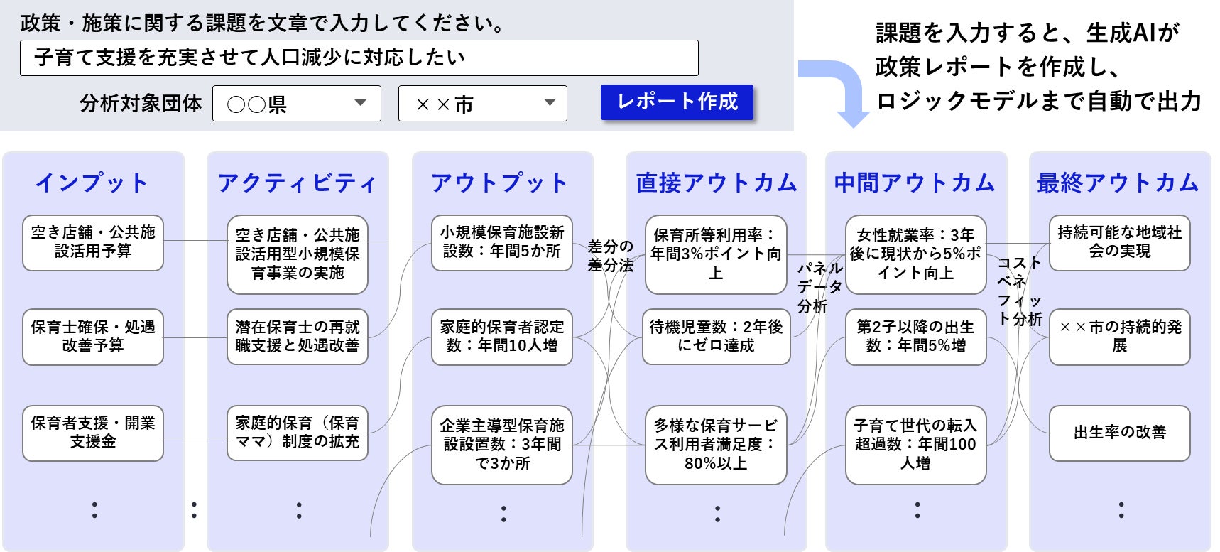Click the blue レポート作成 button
pos(677,102)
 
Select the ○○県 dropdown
pos(296,104)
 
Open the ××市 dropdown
pos(482,104)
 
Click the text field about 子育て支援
pos(359,58)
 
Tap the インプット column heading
pos(92,183)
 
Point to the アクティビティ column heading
pos(297,183)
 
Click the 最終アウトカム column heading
pos(1118,183)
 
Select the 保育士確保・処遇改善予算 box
pos(93,337)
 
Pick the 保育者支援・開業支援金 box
pos(93,433)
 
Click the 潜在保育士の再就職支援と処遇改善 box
pos(298,337)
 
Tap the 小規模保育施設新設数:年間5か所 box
pos(502,242)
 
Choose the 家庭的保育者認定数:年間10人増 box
pos(502,337)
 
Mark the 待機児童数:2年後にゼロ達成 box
pos(716,337)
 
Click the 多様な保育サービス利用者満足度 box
pos(716,445)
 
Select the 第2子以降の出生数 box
pos(915,337)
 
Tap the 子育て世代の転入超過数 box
pos(915,445)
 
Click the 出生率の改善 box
pos(1119,433)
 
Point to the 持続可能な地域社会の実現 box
pos(1119,242)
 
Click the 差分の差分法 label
pos(610,256)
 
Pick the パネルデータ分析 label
pos(819,287)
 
